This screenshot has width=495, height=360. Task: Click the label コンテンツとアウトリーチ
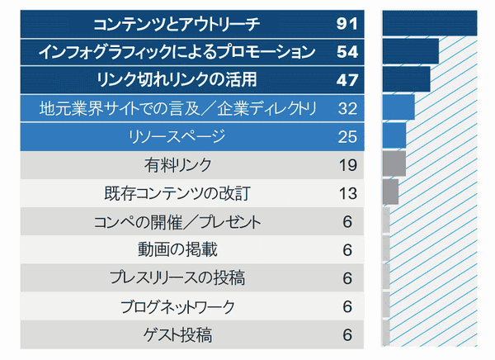coord(177,23)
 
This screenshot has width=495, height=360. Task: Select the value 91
coord(346,23)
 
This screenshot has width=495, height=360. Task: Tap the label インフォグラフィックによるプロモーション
coord(177,52)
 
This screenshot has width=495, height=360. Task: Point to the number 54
coord(346,52)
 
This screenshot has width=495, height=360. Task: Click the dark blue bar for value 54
coord(411,52)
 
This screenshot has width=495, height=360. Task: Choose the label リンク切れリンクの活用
coord(177,80)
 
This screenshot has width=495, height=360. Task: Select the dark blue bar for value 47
coord(407,80)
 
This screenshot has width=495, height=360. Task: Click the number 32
coord(346,108)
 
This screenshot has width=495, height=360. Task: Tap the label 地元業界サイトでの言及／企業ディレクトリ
coord(177,108)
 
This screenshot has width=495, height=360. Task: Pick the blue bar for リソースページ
coord(394,135)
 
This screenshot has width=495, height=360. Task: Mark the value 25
coord(346,136)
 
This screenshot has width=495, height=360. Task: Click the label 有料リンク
coord(177,165)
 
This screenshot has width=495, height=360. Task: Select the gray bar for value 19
coord(394,163)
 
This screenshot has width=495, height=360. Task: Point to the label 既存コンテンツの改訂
coord(177,194)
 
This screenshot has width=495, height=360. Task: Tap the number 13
coord(346,194)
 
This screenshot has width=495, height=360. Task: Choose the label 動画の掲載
coord(177,250)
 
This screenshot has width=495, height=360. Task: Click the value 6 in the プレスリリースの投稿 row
coord(346,278)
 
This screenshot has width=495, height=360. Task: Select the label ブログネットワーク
coord(177,307)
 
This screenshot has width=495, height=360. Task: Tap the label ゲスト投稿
coord(177,335)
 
